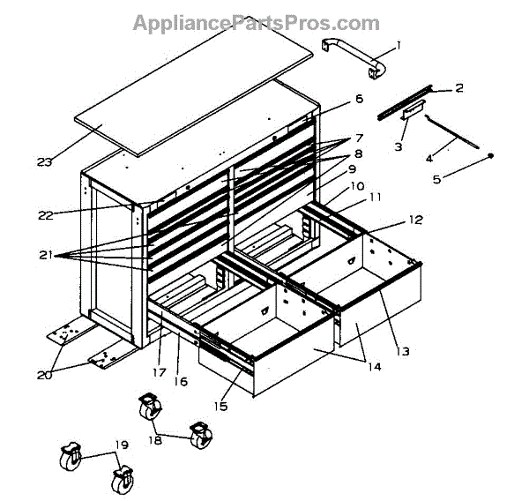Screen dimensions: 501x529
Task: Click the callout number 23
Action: [45, 161]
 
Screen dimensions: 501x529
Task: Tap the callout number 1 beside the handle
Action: [398, 45]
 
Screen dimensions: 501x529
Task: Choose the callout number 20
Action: [44, 375]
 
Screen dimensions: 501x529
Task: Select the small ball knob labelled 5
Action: [492, 156]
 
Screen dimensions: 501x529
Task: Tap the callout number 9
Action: [351, 168]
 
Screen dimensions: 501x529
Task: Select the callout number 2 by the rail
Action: [458, 87]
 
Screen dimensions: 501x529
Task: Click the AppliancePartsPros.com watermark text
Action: [257, 23]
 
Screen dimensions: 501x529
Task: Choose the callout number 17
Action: [159, 372]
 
